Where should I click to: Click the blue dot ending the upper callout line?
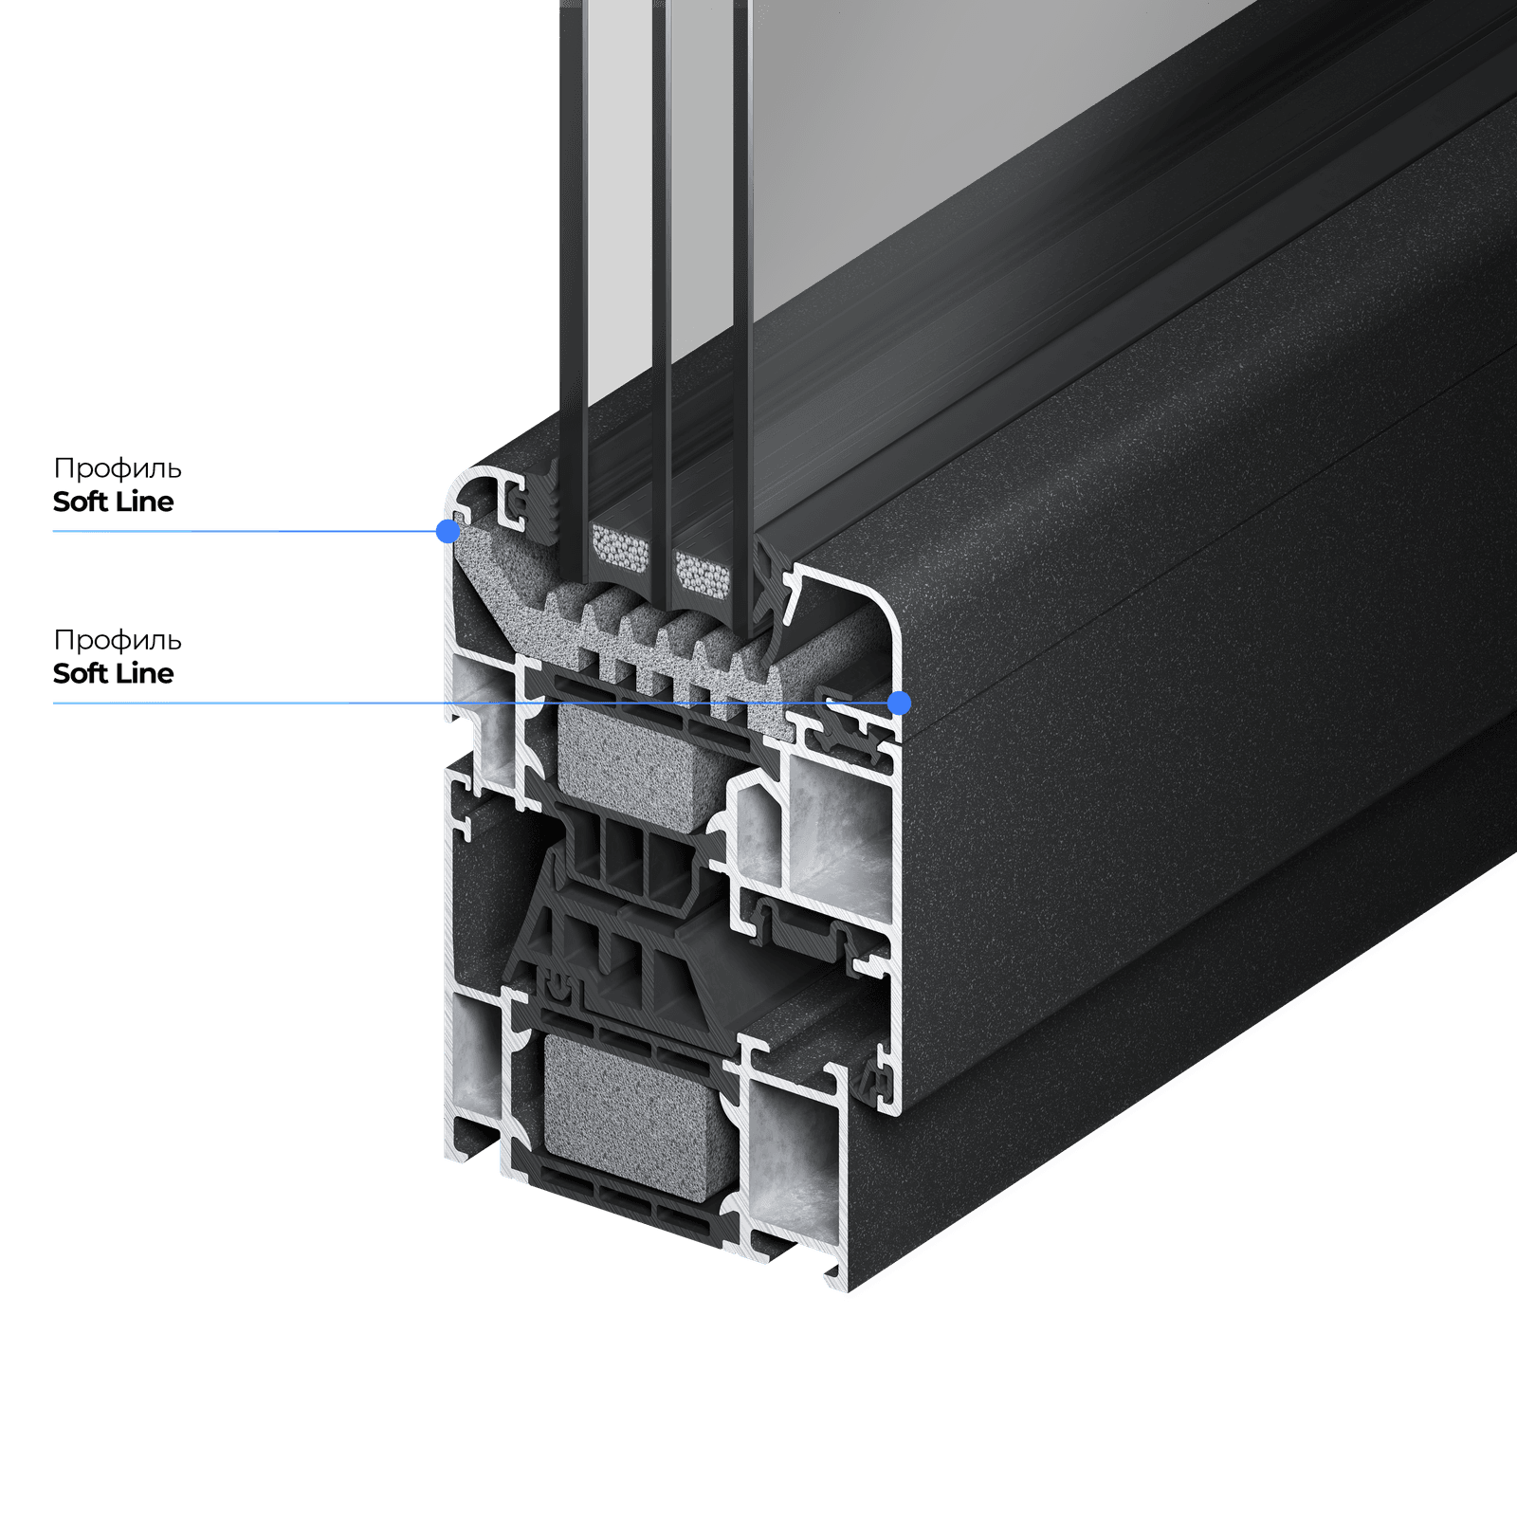pos(448,531)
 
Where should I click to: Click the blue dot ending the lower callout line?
pos(900,704)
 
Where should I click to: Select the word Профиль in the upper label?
pos(118,468)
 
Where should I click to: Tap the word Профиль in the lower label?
pos(118,640)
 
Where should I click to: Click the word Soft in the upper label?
pos(80,502)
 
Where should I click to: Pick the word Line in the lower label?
pos(144,673)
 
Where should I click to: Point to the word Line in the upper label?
pos(144,502)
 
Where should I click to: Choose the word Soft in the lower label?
pos(80,673)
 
